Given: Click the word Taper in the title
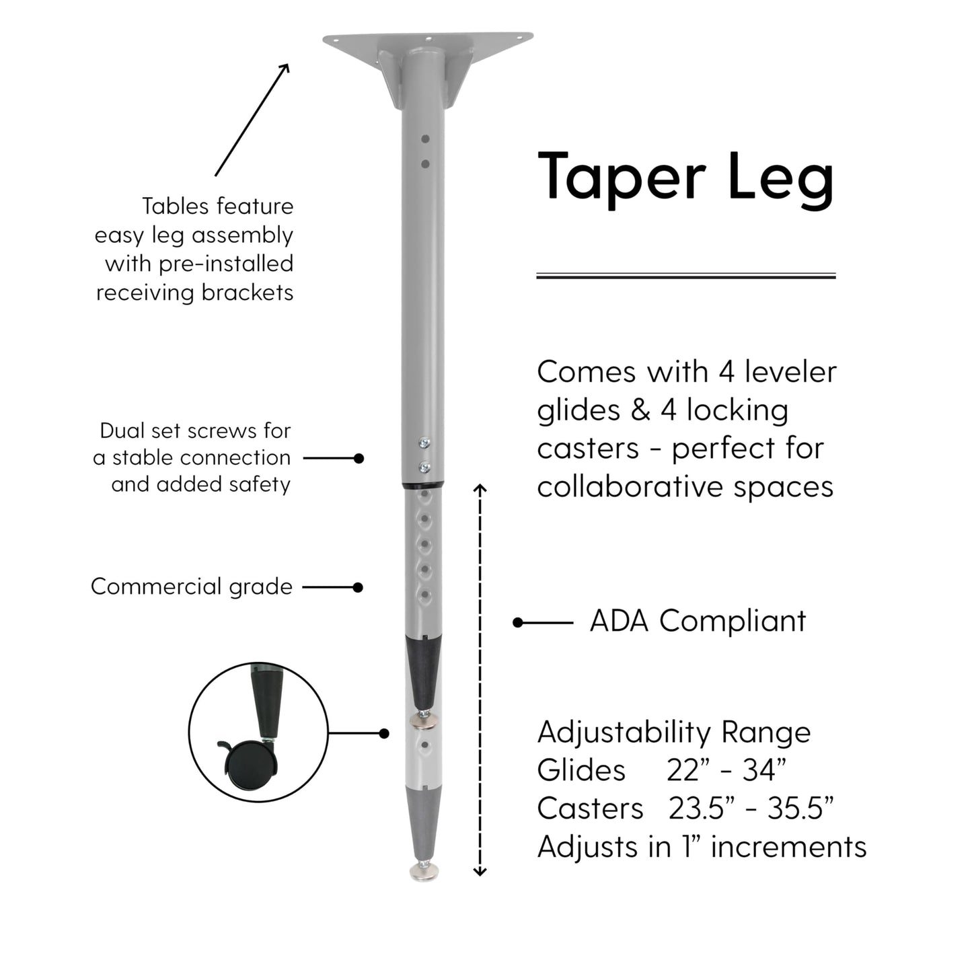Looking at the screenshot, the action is tap(622, 178).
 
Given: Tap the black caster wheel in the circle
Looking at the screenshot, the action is tap(251, 765).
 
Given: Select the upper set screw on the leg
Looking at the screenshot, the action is tap(424, 443).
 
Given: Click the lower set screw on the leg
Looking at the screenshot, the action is tap(424, 468).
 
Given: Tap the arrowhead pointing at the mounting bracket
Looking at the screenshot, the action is tap(285, 67).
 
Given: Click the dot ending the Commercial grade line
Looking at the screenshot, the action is tap(358, 587).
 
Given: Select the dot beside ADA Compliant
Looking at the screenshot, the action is tap(517, 623).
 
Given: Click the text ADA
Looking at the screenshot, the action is tap(620, 620).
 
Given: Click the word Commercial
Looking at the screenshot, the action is tap(156, 586).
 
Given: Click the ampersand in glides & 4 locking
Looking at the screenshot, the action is tap(640, 410).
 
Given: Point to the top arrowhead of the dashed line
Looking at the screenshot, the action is tap(480, 488).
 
